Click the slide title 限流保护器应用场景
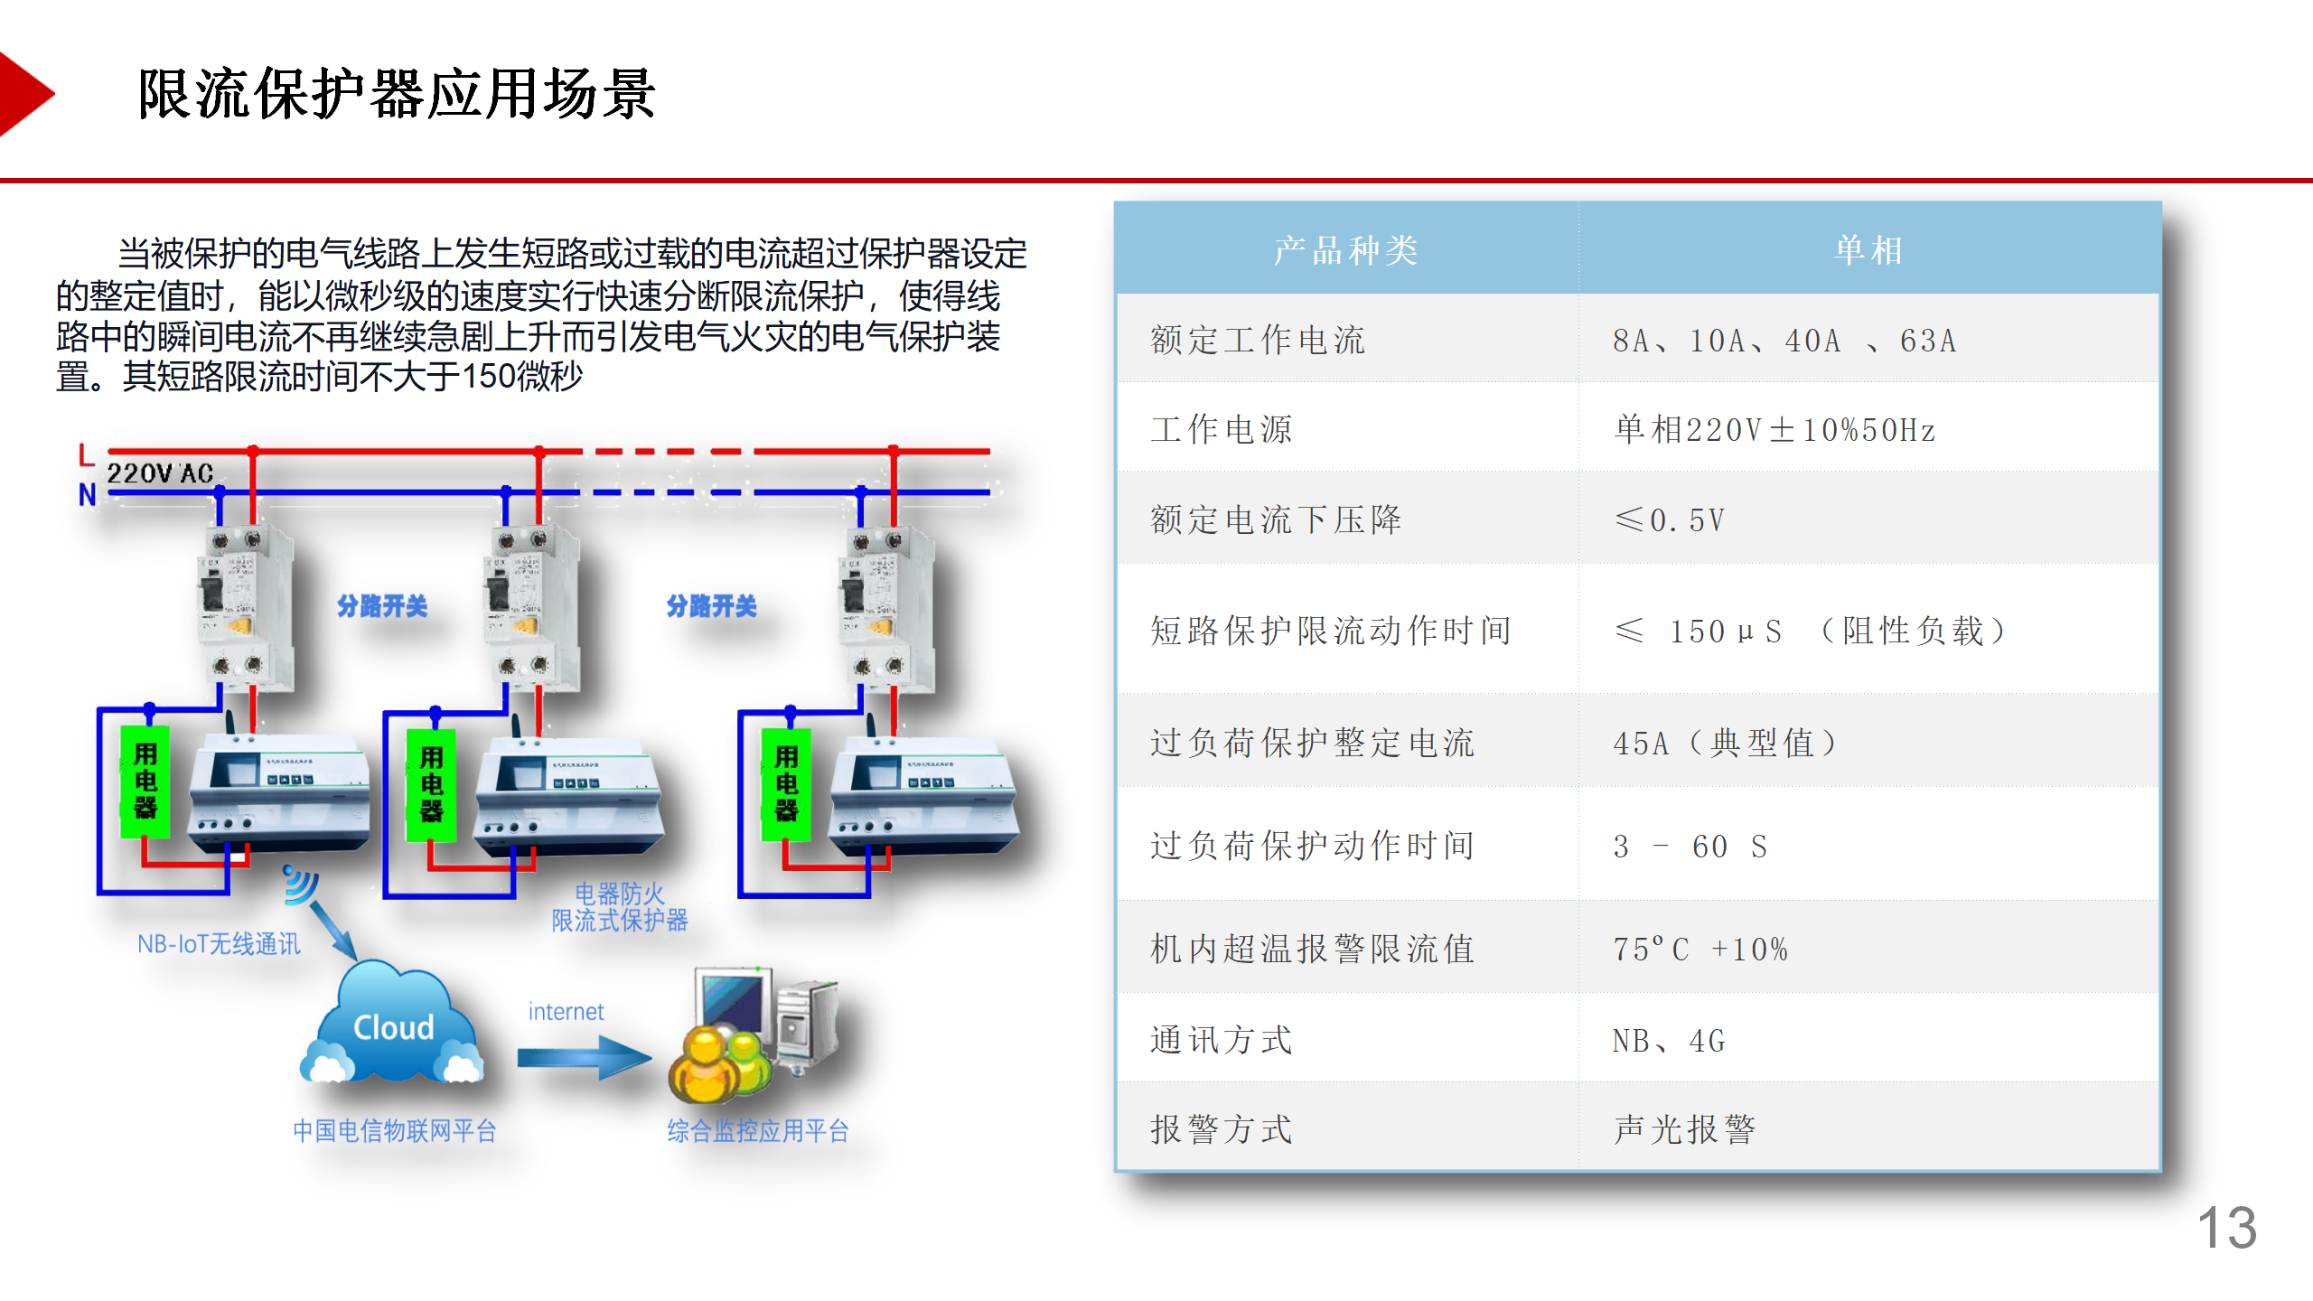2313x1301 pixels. pyautogui.click(x=396, y=94)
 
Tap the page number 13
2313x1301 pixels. pyautogui.click(x=2226, y=1228)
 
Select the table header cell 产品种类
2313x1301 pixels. pyautogui.click(x=1345, y=250)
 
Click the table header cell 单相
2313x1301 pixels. pyautogui.click(x=1868, y=250)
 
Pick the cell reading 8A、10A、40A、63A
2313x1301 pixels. pyautogui.click(x=1784, y=341)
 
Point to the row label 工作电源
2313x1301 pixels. pyautogui.click(x=1222, y=429)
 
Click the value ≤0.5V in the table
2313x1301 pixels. pyautogui.click(x=1669, y=519)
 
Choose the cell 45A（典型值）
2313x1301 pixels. pyautogui.click(x=1724, y=743)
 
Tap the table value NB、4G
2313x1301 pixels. pyautogui.click(x=1668, y=1041)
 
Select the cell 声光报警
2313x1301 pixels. pyautogui.click(x=1684, y=1129)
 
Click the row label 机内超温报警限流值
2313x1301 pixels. pyautogui.click(x=1312, y=949)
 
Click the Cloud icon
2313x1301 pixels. pyautogui.click(x=394, y=1026)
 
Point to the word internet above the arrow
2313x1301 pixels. pyautogui.click(x=566, y=1012)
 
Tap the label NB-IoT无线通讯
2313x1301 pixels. pyautogui.click(x=219, y=944)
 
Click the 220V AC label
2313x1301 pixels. pyautogui.click(x=160, y=473)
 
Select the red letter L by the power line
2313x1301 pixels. pyautogui.click(x=86, y=454)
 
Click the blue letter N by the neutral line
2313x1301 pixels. pyautogui.click(x=87, y=495)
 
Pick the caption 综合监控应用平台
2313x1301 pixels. pyautogui.click(x=757, y=1130)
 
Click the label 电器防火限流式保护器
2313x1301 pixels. pyautogui.click(x=620, y=907)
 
